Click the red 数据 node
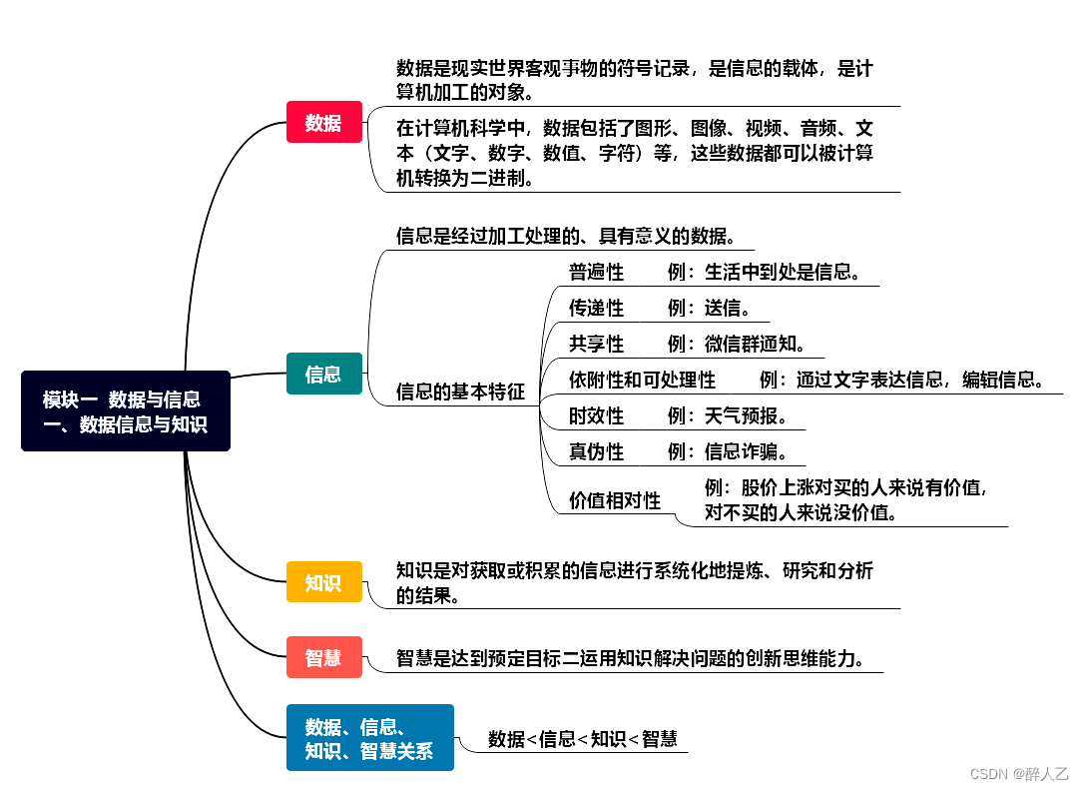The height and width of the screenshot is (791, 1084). tap(323, 122)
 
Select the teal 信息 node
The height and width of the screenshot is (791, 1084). tap(323, 374)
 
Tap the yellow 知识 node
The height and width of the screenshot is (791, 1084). tap(323, 582)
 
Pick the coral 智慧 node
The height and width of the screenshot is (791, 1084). tap(323, 657)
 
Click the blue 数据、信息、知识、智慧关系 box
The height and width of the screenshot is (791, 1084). tap(369, 738)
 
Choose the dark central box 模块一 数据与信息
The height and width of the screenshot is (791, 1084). tap(126, 410)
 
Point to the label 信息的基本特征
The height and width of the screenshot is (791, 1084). tap(460, 392)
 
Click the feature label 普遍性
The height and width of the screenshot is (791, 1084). tap(596, 272)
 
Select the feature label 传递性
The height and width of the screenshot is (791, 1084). tap(596, 308)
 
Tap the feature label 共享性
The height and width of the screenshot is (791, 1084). tap(596, 344)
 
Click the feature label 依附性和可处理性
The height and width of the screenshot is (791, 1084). tap(642, 380)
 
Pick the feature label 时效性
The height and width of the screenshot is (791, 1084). tap(596, 415)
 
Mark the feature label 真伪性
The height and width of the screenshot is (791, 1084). tap(596, 451)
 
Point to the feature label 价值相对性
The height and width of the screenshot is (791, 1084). tap(615, 500)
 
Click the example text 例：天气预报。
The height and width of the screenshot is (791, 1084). tap(731, 415)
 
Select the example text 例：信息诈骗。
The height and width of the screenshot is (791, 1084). tap(731, 451)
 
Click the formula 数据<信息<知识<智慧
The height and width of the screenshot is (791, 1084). tap(582, 739)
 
